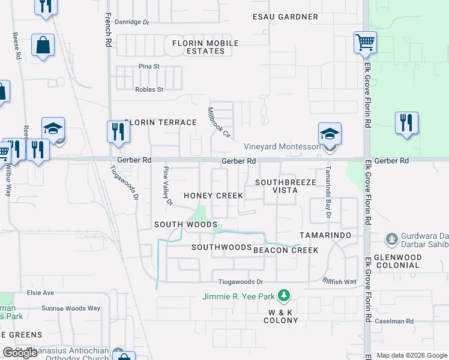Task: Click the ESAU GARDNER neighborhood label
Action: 285,16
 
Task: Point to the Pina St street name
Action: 148,66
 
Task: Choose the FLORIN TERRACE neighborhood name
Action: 160,122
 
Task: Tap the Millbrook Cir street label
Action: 218,122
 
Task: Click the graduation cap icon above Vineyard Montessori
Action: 330,133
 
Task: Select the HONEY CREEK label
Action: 213,196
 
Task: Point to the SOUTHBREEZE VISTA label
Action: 285,186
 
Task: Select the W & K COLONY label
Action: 280,316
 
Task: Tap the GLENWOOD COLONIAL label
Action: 414,262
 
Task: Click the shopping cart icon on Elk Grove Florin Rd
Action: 364,43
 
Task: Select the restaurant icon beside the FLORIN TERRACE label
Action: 118,131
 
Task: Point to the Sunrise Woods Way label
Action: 71,308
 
